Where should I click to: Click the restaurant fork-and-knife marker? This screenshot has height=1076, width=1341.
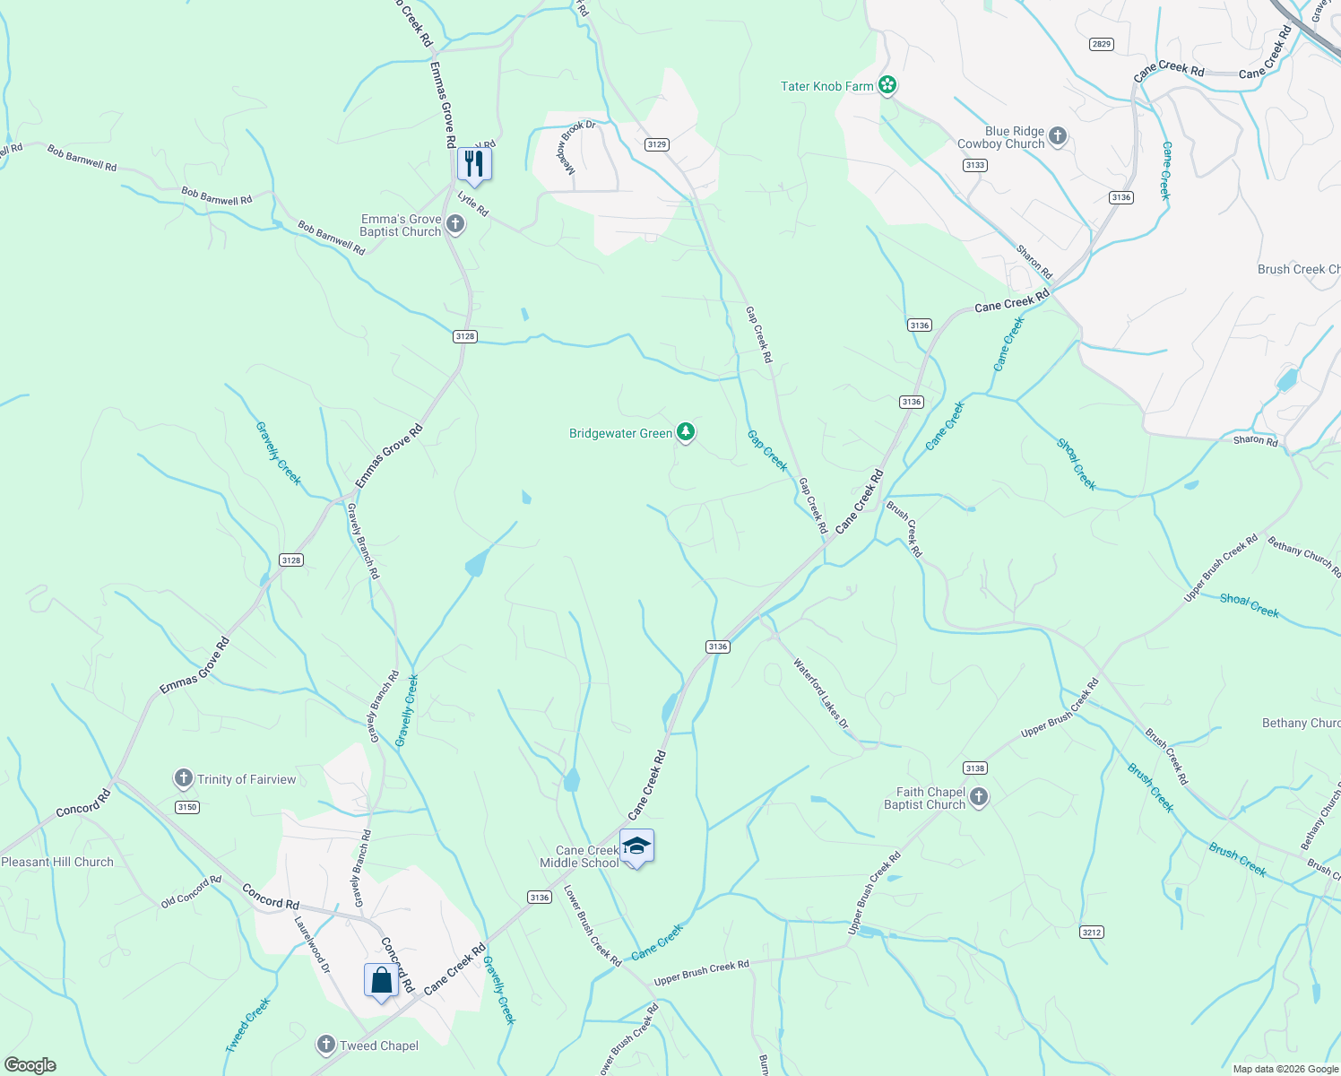[474, 164]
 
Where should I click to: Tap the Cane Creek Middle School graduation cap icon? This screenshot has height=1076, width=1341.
[636, 846]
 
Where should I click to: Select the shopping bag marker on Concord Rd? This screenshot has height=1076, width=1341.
[381, 980]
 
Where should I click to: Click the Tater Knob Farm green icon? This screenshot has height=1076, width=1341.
[887, 86]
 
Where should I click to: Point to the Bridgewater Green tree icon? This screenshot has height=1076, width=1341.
[686, 433]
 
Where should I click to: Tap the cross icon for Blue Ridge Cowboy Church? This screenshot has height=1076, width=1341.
[1058, 136]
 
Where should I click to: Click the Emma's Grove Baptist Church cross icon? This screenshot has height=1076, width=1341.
[455, 224]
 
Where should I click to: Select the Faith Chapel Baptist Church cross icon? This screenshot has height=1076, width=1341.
[979, 797]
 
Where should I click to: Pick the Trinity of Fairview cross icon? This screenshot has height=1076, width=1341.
[184, 778]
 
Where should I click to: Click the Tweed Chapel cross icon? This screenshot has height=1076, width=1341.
[326, 1045]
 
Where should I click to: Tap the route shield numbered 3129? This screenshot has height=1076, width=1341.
[657, 144]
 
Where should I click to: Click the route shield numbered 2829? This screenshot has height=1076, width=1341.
[1102, 44]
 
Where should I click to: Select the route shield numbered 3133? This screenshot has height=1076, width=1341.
[975, 165]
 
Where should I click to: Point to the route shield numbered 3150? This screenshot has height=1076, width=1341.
[186, 807]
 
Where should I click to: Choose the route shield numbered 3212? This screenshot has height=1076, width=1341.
[1091, 933]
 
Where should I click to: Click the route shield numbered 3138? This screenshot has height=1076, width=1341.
[975, 768]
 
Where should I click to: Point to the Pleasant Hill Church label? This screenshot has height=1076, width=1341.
[57, 862]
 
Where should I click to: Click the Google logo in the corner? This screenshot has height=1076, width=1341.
[30, 1064]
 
